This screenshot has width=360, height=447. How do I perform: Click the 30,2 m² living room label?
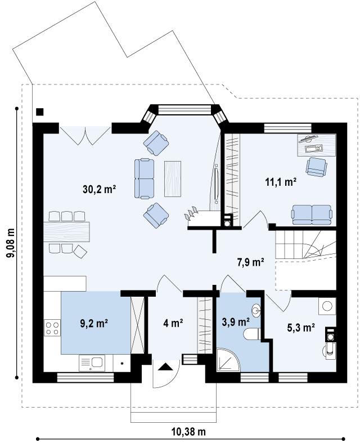point(99,189)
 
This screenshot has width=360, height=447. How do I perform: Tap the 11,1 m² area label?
point(281,182)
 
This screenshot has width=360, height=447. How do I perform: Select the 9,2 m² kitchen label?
point(94,323)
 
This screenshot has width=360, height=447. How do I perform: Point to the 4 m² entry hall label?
point(173,323)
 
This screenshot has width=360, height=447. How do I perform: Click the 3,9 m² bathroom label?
point(236,322)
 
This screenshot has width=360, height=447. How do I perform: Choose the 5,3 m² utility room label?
point(301,328)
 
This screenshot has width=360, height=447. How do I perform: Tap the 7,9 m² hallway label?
point(251,262)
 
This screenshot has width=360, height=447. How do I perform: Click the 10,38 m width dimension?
point(188,432)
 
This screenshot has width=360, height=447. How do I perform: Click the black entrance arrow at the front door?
point(166,366)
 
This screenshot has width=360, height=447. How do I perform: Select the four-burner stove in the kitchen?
point(52,328)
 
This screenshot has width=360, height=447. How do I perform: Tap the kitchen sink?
point(92,363)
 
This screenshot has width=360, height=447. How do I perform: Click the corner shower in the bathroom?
point(228,360)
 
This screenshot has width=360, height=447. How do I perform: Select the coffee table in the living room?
point(173,178)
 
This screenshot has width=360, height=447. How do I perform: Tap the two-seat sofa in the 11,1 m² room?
point(312,214)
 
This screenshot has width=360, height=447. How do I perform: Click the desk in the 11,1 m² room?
point(317,145)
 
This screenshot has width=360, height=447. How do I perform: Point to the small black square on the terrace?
point(40,111)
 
